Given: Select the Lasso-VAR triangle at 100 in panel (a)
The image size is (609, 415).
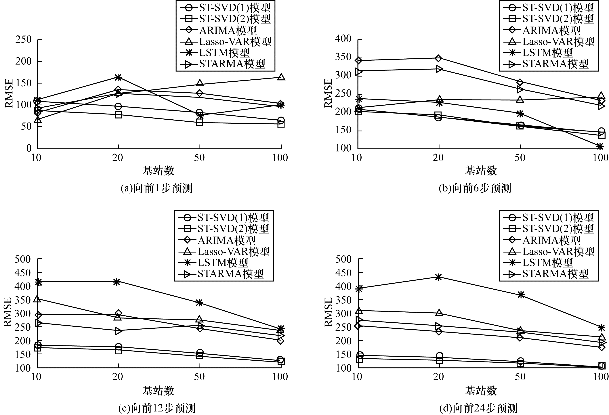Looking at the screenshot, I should click(281, 77).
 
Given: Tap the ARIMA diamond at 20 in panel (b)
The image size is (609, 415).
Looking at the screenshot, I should click(438, 58).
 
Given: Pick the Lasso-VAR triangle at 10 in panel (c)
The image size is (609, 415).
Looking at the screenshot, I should click(37, 299).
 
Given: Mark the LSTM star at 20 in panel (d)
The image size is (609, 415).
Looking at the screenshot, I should click(438, 277).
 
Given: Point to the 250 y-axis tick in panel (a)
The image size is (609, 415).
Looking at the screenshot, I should click(24, 40).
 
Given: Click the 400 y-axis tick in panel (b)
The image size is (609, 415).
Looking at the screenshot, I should click(343, 39).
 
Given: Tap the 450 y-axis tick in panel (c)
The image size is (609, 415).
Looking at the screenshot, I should click(23, 273).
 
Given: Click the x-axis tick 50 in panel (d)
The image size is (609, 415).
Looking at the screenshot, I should click(520, 377).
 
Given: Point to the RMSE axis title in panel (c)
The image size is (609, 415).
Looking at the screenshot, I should click(8, 312).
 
